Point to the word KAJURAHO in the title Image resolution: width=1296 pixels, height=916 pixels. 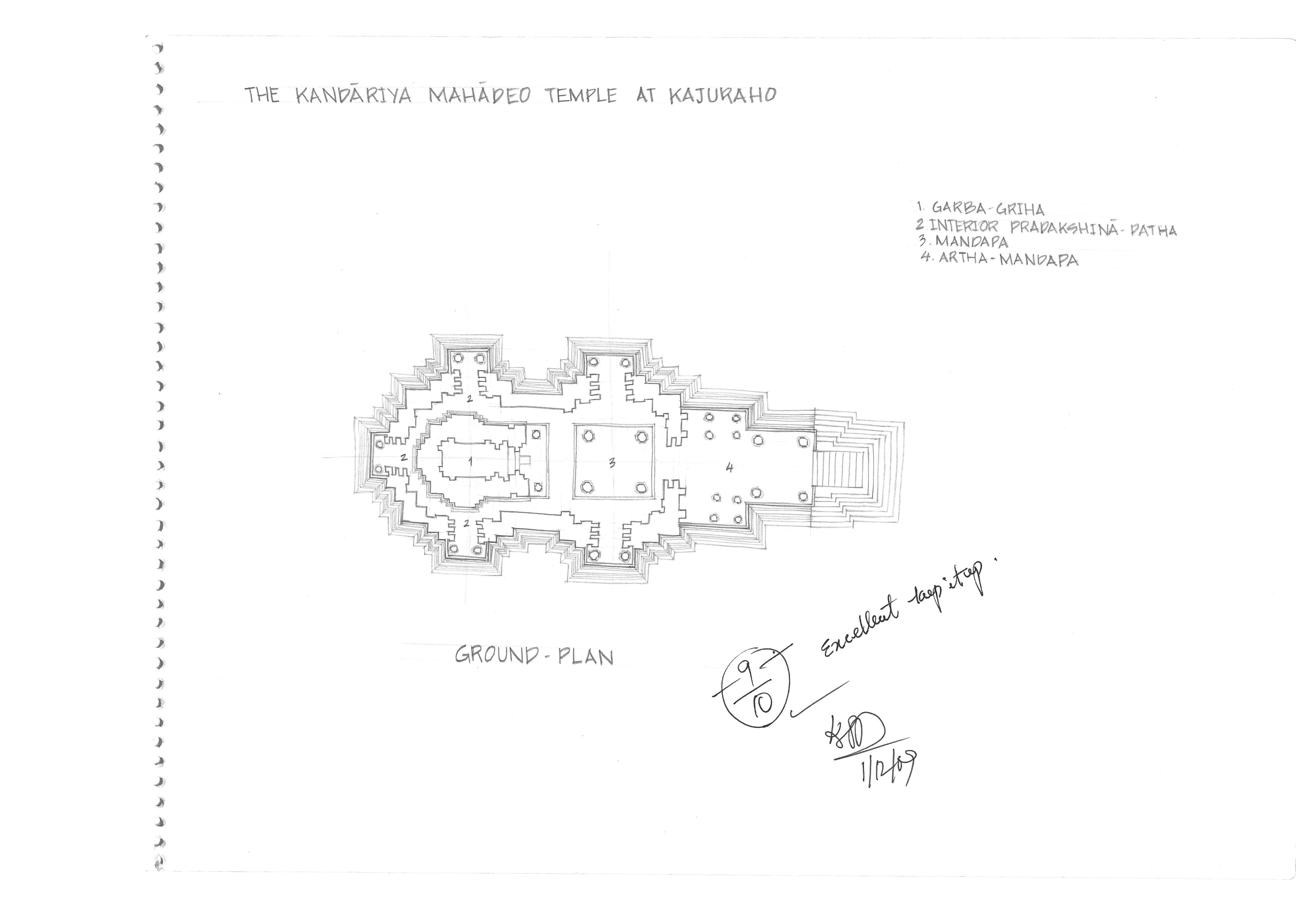tap(722, 96)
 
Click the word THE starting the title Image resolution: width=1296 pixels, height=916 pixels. tap(262, 95)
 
